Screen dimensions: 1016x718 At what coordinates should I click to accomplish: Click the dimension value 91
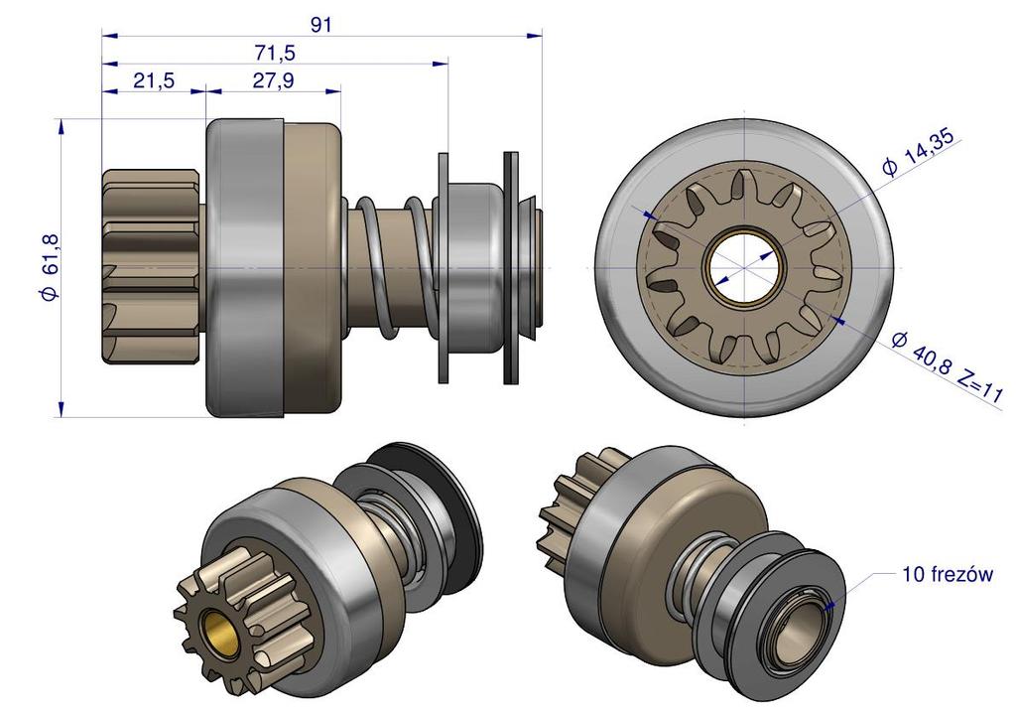pyautogui.click(x=320, y=25)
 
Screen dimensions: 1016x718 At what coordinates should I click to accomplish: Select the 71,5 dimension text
pyautogui.click(x=274, y=53)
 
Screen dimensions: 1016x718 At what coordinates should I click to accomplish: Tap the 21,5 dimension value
pyautogui.click(x=154, y=80)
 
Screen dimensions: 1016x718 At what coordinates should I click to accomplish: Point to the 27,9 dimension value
pyautogui.click(x=273, y=80)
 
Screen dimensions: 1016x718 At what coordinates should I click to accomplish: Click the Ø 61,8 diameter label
pyautogui.click(x=51, y=266)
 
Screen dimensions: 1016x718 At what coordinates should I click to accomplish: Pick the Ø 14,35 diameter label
pyautogui.click(x=918, y=152)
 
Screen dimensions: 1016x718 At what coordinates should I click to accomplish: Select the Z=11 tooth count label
pyautogui.click(x=979, y=388)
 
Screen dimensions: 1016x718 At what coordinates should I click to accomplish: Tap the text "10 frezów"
pyautogui.click(x=948, y=575)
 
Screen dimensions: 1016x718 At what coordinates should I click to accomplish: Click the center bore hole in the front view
pyautogui.click(x=745, y=267)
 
